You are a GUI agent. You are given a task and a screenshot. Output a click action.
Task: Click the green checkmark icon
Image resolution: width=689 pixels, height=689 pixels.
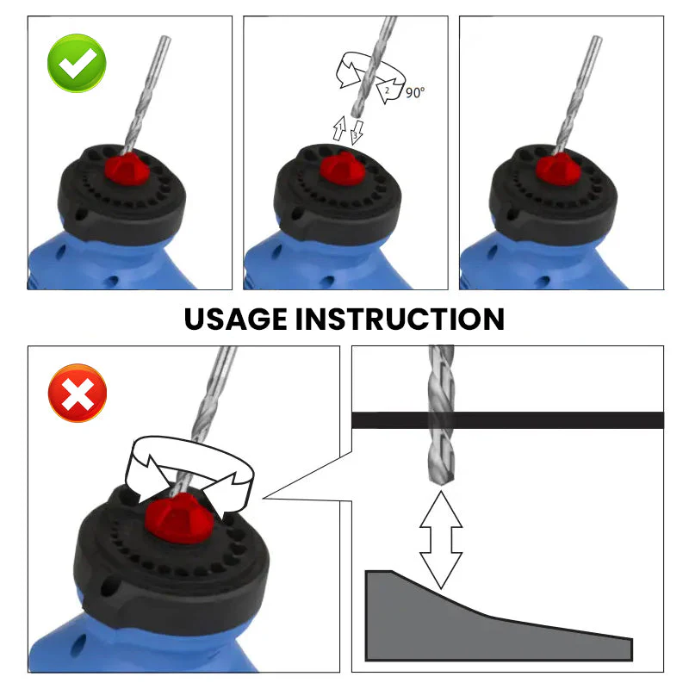coord(77,64)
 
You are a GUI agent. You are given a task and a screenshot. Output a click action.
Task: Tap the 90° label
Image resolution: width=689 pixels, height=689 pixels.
coord(415,92)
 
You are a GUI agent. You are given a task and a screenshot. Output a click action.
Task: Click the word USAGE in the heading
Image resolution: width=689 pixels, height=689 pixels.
coord(235,319)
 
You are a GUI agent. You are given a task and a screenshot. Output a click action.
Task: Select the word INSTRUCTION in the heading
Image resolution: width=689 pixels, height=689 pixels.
coord(400,319)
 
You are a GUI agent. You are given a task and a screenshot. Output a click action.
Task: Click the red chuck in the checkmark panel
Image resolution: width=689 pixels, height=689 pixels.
coord(126,168)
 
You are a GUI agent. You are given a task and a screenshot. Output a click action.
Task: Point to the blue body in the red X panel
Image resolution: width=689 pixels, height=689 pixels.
coord(65,646)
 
